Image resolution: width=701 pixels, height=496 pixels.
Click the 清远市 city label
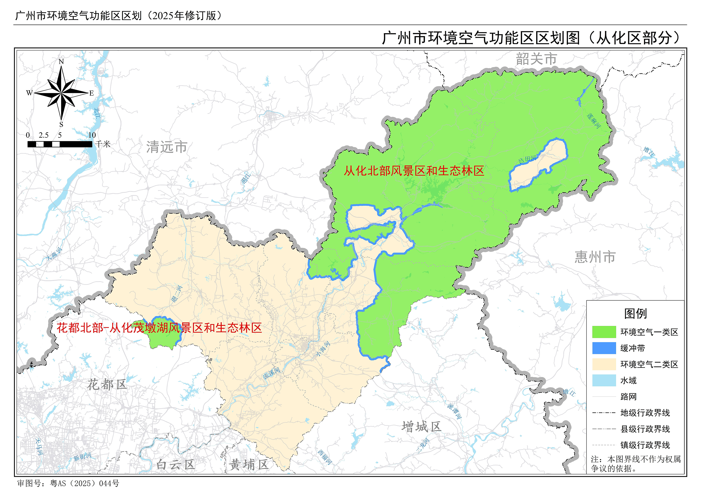pos(166,147)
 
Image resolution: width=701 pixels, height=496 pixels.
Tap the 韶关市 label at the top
pos(536,59)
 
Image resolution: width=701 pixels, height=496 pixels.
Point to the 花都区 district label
pos(107,385)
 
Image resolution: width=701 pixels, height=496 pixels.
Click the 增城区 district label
pos(421,427)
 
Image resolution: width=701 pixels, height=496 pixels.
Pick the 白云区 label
pos(175,465)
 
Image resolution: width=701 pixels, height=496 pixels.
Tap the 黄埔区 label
pos(249,465)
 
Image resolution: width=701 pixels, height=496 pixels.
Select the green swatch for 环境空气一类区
pos(604,332)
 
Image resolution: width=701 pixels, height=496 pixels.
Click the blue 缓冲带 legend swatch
pos(604,348)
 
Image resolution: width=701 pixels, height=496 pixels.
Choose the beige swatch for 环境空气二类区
pos(604,364)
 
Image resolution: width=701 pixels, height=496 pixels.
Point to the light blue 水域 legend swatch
pos(604,381)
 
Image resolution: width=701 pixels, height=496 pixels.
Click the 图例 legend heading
pos(635,314)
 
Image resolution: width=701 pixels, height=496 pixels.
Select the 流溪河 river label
pos(271,373)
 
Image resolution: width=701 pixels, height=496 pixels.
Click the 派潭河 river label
pos(455,411)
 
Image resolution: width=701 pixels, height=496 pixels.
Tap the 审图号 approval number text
pos(68,483)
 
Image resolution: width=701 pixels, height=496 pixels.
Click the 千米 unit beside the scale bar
pos(103,144)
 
